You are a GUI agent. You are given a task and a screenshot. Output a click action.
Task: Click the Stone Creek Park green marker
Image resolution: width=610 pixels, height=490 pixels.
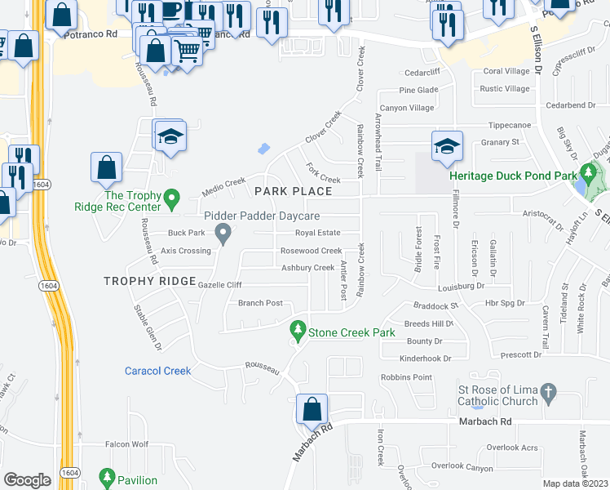[x=298, y=332]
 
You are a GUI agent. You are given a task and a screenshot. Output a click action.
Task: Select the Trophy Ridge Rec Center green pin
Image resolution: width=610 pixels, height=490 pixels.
[x=171, y=198]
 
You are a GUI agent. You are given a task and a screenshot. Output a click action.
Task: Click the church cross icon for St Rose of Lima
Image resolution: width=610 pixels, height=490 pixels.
[x=549, y=394]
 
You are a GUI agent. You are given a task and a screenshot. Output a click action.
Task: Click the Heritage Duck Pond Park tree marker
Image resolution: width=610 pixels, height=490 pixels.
[x=587, y=174]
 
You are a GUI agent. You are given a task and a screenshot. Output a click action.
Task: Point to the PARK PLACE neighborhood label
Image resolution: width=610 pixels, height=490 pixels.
[x=293, y=191]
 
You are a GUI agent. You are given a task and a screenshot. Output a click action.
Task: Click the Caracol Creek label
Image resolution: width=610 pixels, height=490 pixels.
[x=158, y=371]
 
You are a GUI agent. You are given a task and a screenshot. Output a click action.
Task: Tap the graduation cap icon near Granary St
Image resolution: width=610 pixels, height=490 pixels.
[x=447, y=145]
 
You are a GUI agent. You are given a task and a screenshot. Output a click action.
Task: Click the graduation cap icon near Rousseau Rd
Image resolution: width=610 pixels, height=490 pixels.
[x=171, y=136]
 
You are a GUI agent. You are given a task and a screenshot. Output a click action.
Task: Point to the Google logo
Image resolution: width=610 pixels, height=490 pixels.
[x=27, y=480]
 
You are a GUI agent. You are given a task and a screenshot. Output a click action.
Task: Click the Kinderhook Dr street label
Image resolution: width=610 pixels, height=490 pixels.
[x=425, y=358]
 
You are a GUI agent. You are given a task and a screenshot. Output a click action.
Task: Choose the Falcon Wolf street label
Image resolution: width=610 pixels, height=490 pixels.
[x=126, y=444]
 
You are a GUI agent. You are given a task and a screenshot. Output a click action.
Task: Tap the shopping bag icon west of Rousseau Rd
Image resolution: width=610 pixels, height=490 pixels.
[x=107, y=168]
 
